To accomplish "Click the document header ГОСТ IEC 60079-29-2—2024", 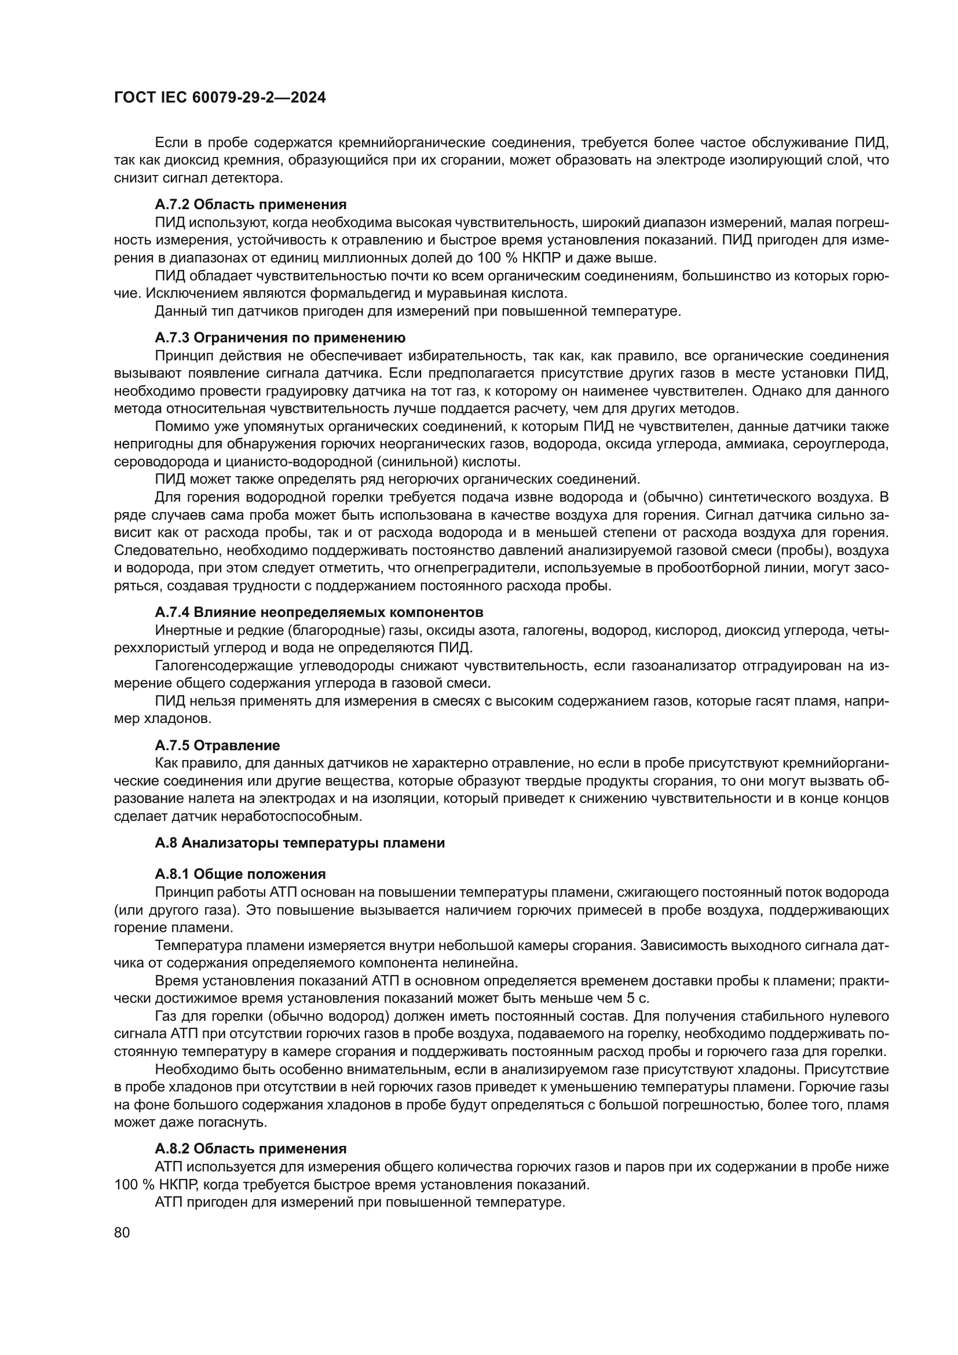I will pos(220,98).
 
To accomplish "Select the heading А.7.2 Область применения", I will pos(251,204).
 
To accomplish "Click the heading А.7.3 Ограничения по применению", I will pos(280,338).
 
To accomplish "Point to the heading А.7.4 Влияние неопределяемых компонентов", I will pos(319,612).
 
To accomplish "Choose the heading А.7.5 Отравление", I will pos(217,746).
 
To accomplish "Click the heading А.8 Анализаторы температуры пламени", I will pos(299,843).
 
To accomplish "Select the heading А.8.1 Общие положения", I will pos(240,874).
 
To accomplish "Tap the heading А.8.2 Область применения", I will pos(251,1148).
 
